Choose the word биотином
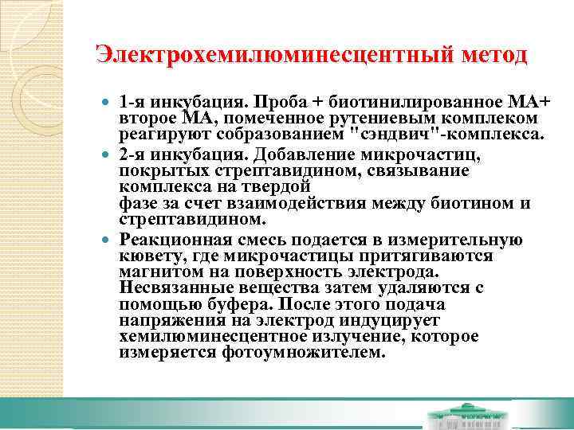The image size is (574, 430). pyautogui.click(x=466, y=202)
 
